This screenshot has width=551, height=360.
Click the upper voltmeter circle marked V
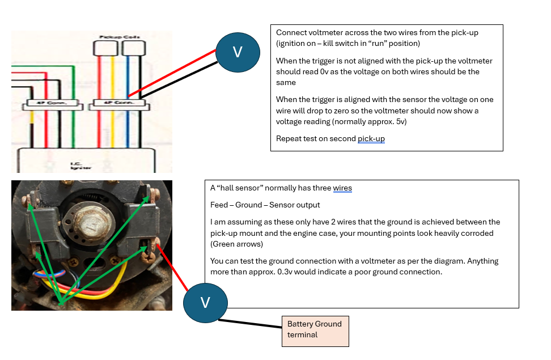click(x=238, y=52)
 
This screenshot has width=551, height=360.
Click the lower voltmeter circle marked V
click(x=205, y=302)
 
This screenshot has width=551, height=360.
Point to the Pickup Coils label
click(x=119, y=37)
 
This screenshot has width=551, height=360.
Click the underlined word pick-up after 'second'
click(x=371, y=139)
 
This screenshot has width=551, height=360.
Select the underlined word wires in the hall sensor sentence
click(x=342, y=188)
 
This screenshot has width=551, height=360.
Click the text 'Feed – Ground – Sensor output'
click(x=265, y=205)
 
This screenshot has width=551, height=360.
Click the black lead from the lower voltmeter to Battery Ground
click(x=249, y=324)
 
